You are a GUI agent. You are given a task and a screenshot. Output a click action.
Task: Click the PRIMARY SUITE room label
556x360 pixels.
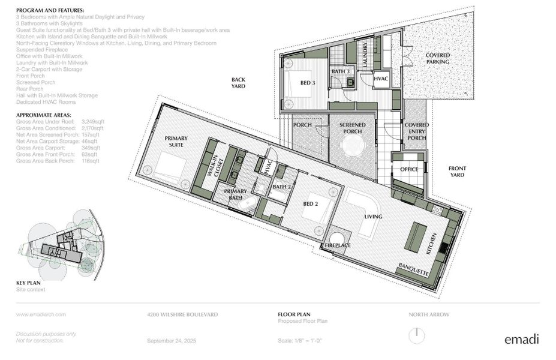click(176, 142)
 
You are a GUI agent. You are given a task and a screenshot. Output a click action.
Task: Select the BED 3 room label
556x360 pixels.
click(308, 83)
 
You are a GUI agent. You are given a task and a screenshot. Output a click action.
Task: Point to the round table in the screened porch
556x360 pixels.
click(352, 145)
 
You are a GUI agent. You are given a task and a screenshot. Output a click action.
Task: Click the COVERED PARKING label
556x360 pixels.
click(438, 58)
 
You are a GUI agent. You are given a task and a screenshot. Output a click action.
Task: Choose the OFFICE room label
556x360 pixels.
click(409, 170)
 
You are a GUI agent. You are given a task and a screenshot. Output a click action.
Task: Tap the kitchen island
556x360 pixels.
click(417, 233)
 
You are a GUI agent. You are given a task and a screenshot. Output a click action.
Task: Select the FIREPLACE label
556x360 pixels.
click(338, 245)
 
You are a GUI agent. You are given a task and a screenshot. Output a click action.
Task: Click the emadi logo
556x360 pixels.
click(521, 339)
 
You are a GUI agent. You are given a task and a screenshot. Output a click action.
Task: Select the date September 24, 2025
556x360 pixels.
click(172, 341)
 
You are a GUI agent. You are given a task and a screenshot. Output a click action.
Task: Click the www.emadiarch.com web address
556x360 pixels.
click(41, 314)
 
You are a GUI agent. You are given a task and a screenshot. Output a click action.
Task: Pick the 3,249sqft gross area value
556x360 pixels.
click(92, 121)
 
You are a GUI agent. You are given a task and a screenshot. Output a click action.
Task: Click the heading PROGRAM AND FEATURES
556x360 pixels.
click(50, 11)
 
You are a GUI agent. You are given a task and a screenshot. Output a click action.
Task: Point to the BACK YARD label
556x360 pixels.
click(239, 83)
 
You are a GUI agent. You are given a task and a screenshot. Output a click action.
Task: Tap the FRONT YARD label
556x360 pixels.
click(458, 172)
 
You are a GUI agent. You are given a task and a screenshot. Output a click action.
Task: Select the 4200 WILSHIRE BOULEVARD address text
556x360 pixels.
click(182, 314)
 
